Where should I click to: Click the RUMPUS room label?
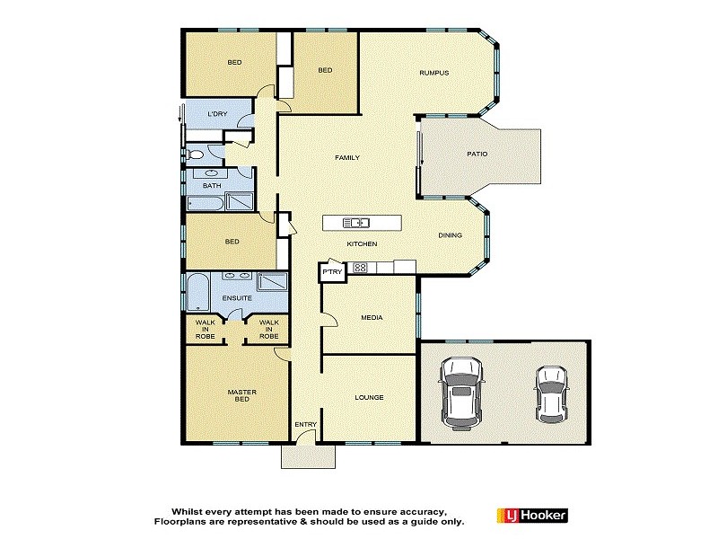coord(433,73)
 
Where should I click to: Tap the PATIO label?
coord(477,154)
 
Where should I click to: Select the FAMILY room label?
coord(347,158)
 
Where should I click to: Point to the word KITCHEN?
coord(363,244)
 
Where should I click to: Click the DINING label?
coord(450,236)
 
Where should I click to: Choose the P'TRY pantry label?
coord(332,271)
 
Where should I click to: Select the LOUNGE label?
coord(369,397)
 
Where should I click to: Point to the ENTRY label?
coord(304,424)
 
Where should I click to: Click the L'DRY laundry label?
coord(218,114)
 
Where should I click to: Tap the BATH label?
coord(211,186)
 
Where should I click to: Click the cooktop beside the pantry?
coord(360,267)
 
